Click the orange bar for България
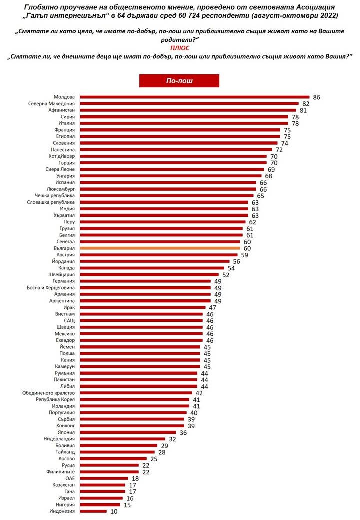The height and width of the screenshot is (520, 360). pos(160,248)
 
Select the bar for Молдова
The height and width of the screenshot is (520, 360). pos(195,96)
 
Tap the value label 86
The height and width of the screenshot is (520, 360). pos(316,96)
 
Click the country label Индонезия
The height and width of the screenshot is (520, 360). pos(62,511)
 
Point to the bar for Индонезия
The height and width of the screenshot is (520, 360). pos(93,511)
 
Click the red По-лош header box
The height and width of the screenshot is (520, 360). pos(179,81)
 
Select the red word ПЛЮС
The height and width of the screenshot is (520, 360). pos(180,47)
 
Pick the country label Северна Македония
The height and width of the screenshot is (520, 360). pos(51,103)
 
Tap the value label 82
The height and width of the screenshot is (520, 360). pos(306,103)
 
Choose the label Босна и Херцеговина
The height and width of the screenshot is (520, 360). pos(51,287)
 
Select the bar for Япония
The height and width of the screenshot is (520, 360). pos(128,432)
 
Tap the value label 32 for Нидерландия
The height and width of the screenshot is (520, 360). pos(173,439)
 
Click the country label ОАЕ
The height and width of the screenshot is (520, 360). pos(70,478)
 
